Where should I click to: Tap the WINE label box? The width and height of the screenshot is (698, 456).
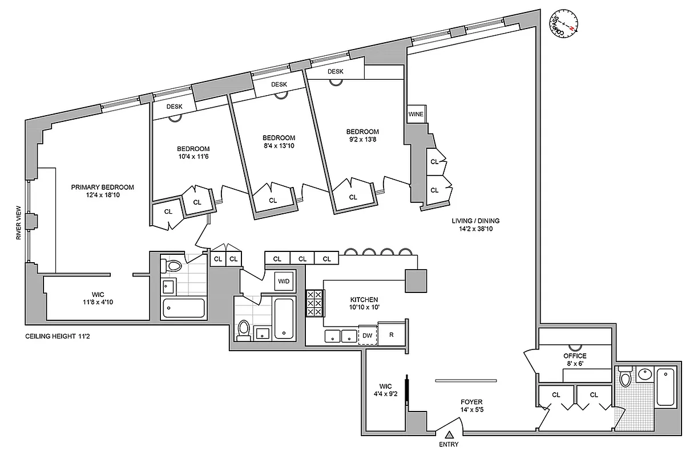[x=415, y=114]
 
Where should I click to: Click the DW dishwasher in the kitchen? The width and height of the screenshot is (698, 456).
[x=367, y=336]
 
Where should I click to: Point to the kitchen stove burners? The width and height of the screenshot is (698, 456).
[x=314, y=303]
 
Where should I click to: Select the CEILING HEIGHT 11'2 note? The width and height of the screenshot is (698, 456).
[x=57, y=337]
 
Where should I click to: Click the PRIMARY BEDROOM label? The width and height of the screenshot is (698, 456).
[x=102, y=191]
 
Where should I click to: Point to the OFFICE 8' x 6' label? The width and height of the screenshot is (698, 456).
[x=575, y=360]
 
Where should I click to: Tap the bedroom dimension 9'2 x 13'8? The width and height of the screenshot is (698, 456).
[x=362, y=140]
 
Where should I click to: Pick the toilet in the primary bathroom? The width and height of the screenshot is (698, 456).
[x=172, y=265]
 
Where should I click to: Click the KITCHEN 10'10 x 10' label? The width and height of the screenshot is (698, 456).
[x=364, y=303]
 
